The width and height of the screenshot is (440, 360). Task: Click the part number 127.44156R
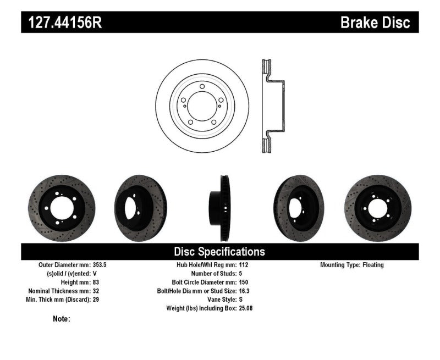(62, 23)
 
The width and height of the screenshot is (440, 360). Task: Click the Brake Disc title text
(375, 23)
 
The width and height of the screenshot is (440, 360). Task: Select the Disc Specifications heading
(219, 252)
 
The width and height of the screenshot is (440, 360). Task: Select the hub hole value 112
(245, 265)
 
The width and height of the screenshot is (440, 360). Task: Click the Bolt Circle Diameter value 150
(245, 282)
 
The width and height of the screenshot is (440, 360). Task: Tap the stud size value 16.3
(246, 291)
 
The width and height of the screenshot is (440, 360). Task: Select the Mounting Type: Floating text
(352, 265)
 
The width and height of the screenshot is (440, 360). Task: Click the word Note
(61, 319)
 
